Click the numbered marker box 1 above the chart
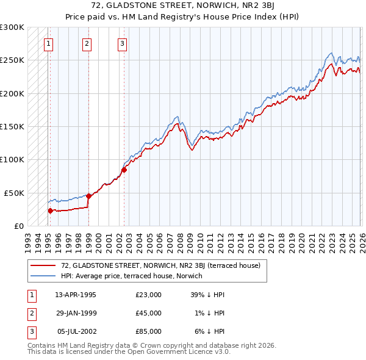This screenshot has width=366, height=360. tap(48, 43)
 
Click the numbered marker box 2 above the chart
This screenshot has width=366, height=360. tap(87, 43)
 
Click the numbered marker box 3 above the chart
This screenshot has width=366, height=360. tap(122, 43)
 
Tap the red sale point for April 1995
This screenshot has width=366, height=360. tap(50, 211)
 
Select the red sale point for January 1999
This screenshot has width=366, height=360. tap(88, 196)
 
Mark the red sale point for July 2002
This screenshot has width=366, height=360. tap(124, 170)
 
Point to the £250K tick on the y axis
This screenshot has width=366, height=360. tap(12, 60)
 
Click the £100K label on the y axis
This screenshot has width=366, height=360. tap(12, 159)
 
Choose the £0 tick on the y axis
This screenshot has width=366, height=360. tap(18, 226)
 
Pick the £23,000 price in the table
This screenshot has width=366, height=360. tap(148, 295)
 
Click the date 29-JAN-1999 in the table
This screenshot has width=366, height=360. tap(76, 313)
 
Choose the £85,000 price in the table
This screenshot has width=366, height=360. tap(148, 331)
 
